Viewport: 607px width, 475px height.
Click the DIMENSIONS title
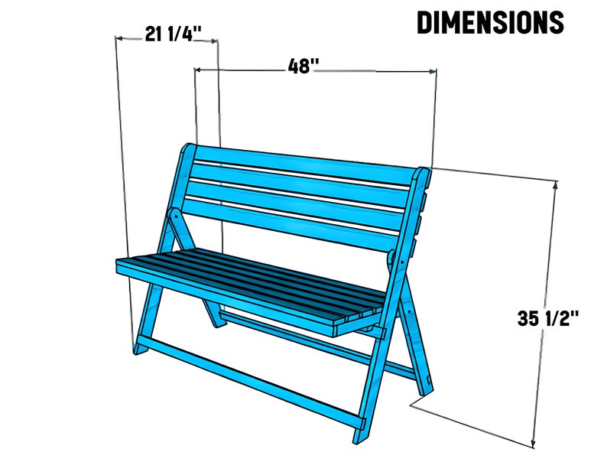coord(490,22)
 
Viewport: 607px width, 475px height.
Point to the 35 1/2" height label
coord(547,318)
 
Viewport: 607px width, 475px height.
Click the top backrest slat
coord(306,165)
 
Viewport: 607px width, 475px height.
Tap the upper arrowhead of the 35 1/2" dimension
coord(556,184)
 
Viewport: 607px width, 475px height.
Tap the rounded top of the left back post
coord(187,149)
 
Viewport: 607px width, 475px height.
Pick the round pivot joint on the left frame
coord(175,216)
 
